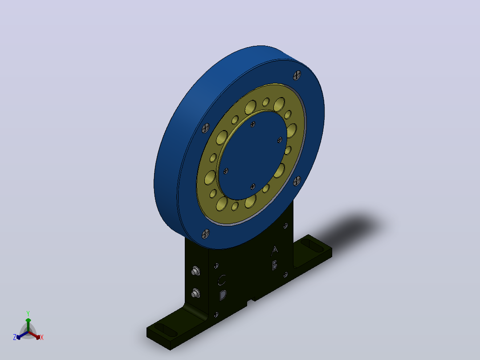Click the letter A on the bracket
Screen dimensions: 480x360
pos(275,250)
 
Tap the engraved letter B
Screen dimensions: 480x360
pos(275,265)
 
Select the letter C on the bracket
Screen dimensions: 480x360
pos(222,280)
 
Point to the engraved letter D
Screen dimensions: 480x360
pos(223,295)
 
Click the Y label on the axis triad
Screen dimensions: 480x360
pos(28,313)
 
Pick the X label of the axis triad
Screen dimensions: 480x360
pos(42,337)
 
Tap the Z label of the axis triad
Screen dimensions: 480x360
pos(15,337)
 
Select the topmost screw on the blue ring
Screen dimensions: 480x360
pos(297,75)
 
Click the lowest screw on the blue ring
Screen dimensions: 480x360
pos(206,234)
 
